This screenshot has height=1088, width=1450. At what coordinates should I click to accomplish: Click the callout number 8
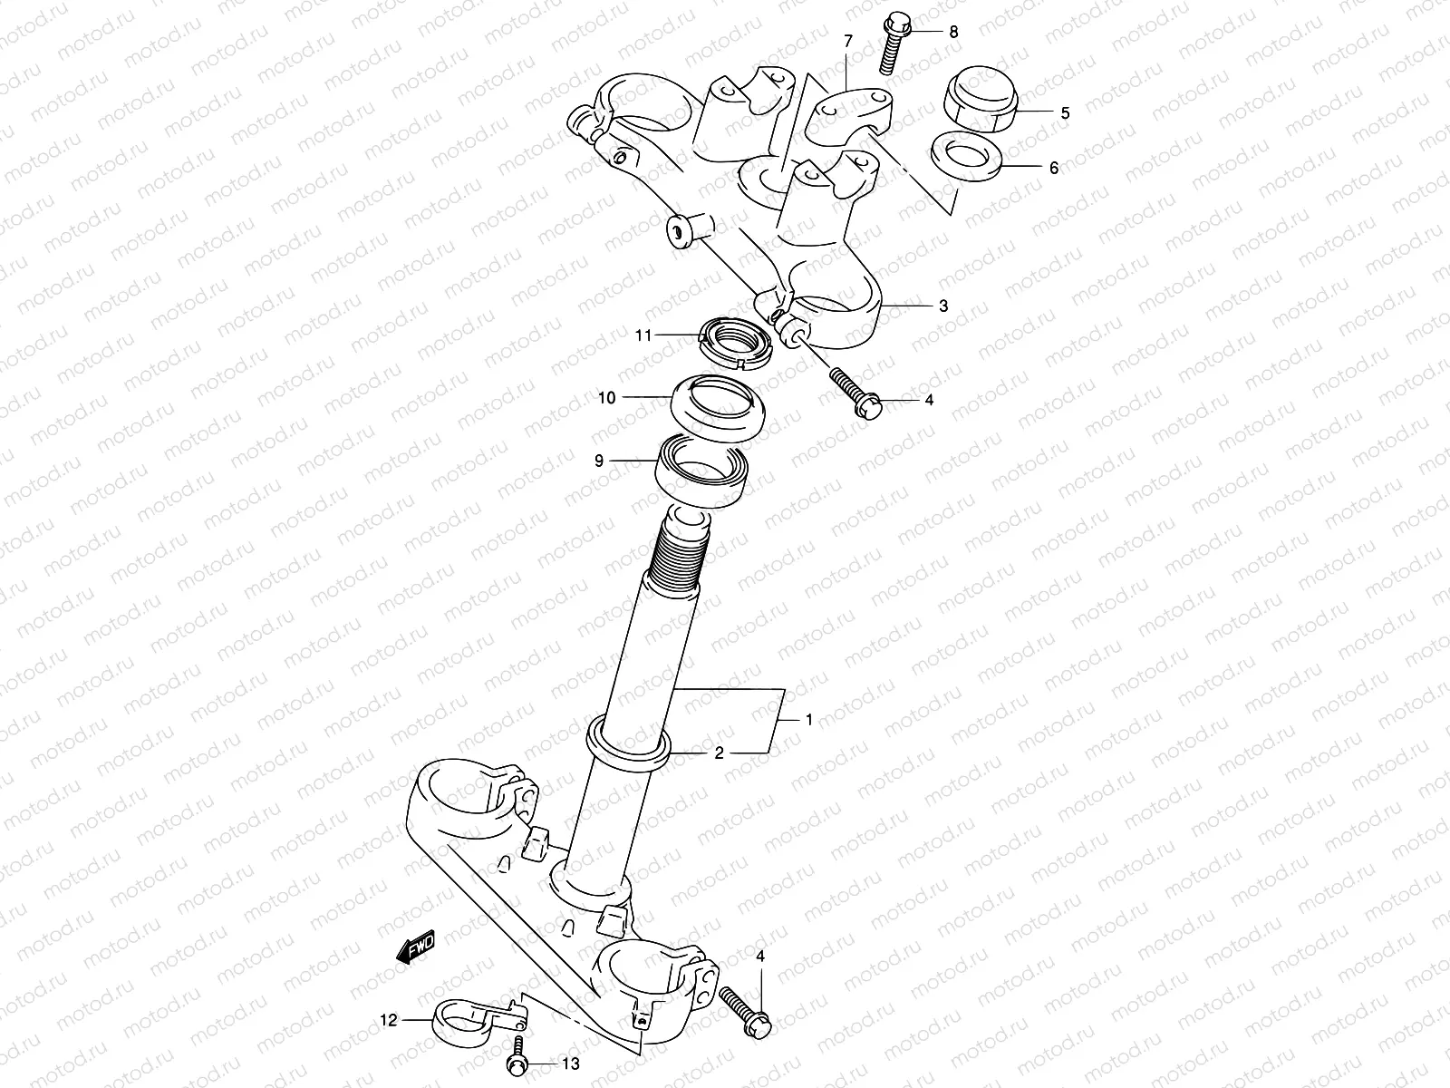click(952, 31)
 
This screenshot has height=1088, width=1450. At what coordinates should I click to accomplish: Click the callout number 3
click(943, 306)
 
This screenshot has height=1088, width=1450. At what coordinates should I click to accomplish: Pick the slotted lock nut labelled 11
click(737, 345)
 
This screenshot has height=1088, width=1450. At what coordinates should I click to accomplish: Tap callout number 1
click(809, 720)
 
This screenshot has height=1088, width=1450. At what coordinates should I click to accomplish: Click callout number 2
click(719, 753)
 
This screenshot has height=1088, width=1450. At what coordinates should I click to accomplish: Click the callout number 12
click(388, 1019)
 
